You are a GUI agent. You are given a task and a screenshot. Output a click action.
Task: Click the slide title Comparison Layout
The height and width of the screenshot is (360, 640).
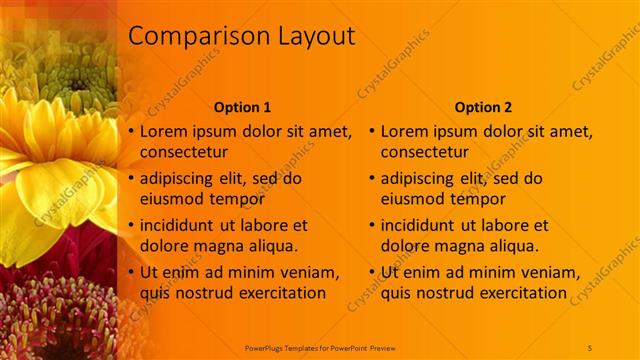point(242,36)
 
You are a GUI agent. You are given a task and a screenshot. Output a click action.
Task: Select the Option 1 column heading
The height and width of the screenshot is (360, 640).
point(243,106)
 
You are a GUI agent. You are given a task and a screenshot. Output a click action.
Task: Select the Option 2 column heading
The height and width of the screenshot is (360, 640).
point(483,106)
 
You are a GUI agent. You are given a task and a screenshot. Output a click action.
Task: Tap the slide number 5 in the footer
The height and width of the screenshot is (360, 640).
point(590,347)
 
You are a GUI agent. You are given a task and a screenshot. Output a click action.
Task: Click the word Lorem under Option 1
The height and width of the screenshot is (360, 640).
point(164,131)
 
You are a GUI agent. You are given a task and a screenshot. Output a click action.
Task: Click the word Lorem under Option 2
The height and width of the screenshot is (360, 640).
point(405,131)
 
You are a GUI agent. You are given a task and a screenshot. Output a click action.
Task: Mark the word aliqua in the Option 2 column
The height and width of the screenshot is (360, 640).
point(512,246)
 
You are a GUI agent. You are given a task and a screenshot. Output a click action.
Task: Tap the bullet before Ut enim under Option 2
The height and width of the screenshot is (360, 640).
point(372,272)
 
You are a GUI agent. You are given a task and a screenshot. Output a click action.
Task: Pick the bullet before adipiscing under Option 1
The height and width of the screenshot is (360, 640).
point(131,178)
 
